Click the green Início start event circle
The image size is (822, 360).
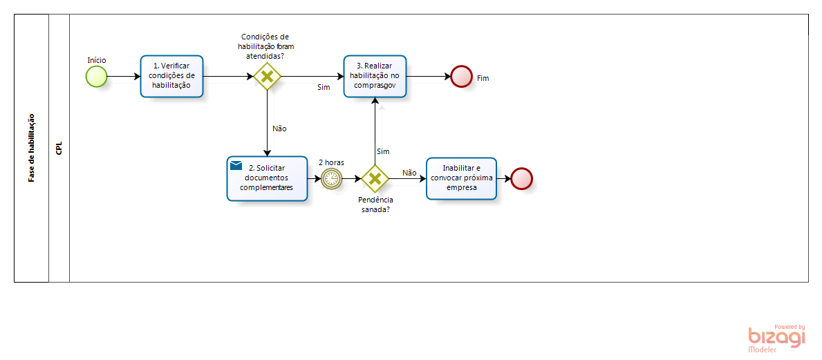pos(97,77)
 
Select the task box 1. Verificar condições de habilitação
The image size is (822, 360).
pos(171,76)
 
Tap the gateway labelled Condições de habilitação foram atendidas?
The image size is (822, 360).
pos(267,76)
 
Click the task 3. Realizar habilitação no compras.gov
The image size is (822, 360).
pos(375,76)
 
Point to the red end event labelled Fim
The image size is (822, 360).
pos(461,77)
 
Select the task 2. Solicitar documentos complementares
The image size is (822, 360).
pos(267,178)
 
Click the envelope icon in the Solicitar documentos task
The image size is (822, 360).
pos(236,166)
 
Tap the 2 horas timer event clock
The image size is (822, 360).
pos(332,178)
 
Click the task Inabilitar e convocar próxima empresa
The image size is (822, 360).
pos(461,178)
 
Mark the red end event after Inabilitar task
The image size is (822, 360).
pos(521,178)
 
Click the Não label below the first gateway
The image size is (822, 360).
pos(279,129)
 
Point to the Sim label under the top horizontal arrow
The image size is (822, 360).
pos(324,87)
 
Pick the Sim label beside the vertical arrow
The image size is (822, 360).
pos(383,151)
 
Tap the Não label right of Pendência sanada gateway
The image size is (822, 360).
pos(409,173)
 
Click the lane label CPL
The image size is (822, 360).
pos(59,148)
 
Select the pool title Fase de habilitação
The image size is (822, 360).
pos(31,148)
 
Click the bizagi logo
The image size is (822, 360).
pos(777,337)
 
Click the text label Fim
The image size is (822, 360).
pos(483,78)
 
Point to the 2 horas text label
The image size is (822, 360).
pos(331,162)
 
